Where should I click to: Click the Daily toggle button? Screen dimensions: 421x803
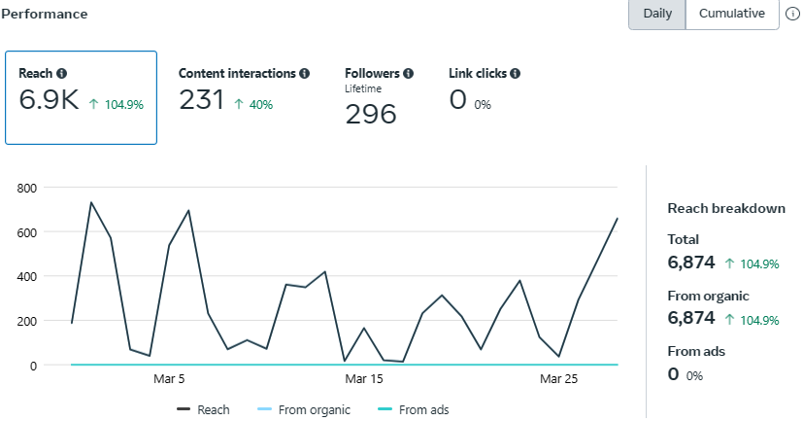657,14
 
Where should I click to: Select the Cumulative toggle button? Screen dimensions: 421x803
731,14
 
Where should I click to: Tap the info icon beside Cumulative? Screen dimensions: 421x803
792,15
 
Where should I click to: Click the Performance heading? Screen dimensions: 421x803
46,15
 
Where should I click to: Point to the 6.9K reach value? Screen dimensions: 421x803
49,100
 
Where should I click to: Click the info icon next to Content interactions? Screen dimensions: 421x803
305,73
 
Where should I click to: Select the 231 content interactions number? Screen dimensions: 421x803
202,100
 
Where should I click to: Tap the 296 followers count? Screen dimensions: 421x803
371,115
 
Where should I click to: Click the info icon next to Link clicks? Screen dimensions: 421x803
515,73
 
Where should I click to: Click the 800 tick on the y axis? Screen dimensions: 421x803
26,188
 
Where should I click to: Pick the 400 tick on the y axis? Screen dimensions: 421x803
26,276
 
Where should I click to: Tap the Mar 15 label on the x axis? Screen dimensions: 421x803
364,379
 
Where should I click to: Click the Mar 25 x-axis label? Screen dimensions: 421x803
558,379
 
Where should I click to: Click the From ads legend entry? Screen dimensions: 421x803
416,410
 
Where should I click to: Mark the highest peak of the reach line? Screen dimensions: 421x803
91,202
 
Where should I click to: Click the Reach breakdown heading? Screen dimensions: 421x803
726,208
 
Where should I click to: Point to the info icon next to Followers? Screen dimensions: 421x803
408,73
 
